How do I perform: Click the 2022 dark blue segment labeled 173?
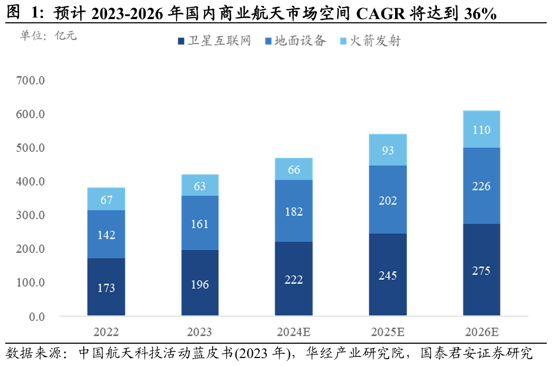[107, 287]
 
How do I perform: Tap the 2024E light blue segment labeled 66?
[294, 169]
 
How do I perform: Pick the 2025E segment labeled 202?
[388, 199]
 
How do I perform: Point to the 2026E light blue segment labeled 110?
[481, 129]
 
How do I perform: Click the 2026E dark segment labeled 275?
[481, 269]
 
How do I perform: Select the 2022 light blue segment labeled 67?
[107, 199]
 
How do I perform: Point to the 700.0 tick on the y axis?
[30, 81]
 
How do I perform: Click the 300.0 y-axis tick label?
[30, 215]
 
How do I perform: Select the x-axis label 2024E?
[294, 332]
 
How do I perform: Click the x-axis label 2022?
[107, 332]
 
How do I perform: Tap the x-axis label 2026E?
[481, 332]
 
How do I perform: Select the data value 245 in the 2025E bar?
[388, 275]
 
